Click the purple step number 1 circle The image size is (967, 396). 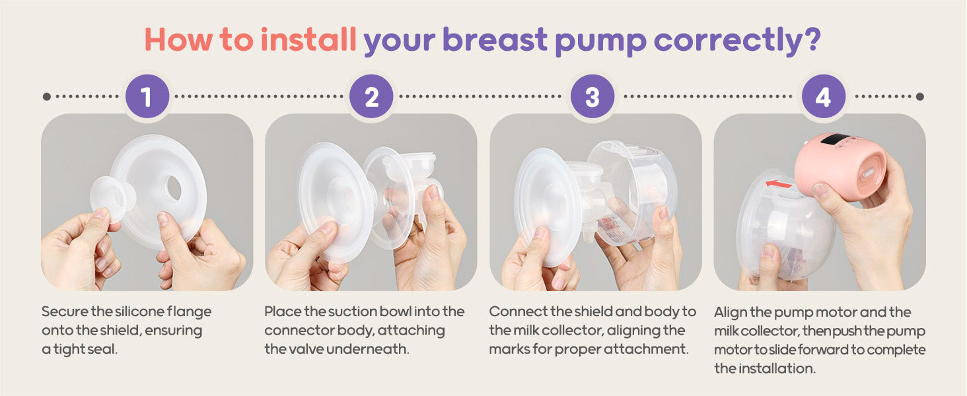pos(147,96)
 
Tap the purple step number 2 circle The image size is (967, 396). pos(371,96)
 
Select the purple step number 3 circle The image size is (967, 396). pos(592,96)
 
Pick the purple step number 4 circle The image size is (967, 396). pos(823,96)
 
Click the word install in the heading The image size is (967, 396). pos(308,39)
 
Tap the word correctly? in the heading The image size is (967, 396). pos(737,41)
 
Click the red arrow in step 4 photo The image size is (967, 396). pos(779,184)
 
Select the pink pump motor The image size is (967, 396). pos(840,166)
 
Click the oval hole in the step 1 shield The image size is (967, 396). pos(174,187)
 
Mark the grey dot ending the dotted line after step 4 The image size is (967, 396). pos(920,96)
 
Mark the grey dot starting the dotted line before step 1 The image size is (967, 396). pos(47,96)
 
